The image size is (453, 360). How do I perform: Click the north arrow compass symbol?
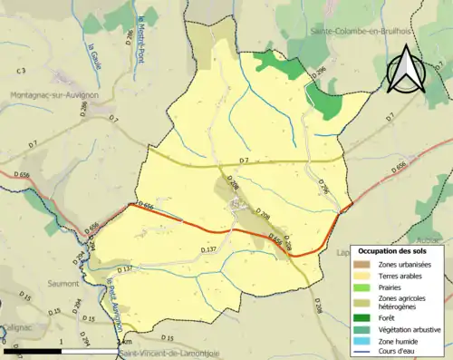point(407,70)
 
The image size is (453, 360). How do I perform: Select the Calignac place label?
point(15,327)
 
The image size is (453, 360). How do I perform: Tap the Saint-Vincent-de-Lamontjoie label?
point(172,354)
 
